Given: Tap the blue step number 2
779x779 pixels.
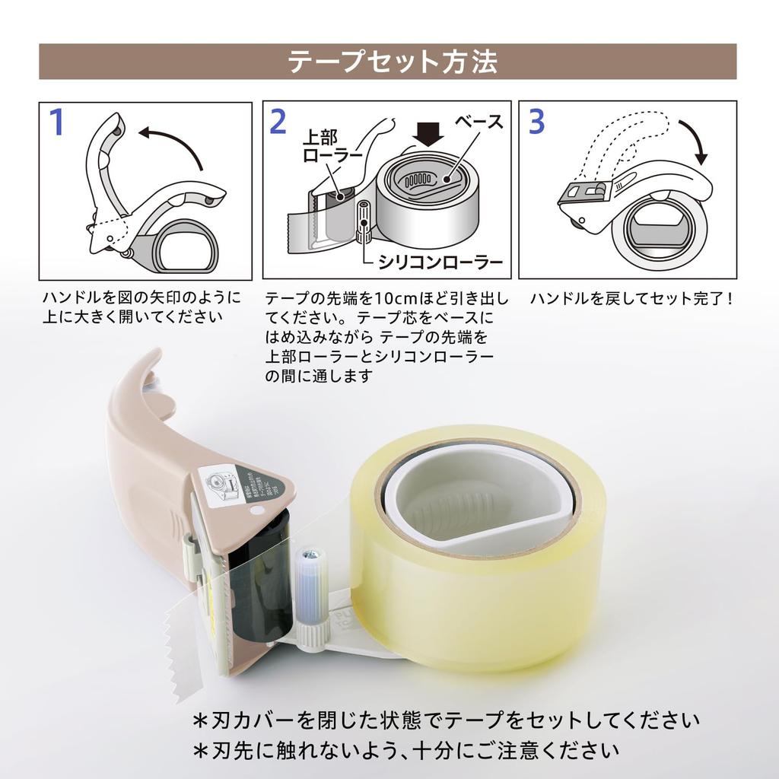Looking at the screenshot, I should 278,122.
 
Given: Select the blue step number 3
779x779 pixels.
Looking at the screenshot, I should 536,122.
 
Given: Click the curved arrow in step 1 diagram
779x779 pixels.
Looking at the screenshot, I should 170,140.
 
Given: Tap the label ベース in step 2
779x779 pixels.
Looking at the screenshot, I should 479,122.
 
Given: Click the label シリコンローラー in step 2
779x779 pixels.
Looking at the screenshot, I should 437,263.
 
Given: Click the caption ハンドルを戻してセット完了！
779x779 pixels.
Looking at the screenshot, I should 631,298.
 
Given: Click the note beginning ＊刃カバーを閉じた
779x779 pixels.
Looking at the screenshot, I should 445,720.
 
